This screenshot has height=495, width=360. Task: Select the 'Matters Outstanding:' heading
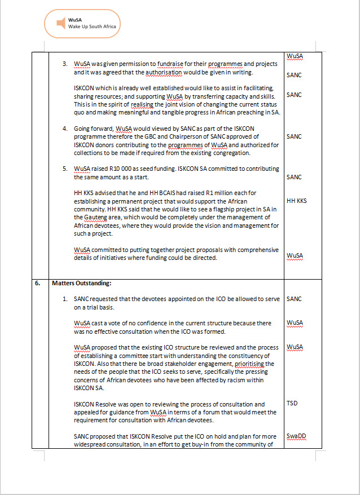pos(79,284)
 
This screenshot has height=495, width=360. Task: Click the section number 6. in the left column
pos(37,284)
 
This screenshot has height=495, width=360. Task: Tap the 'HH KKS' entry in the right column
pos(297,201)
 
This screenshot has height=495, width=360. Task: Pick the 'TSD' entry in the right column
pos(292,403)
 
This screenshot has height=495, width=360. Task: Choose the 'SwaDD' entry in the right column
pos(296,436)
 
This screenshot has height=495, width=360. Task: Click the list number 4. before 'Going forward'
pos(65,129)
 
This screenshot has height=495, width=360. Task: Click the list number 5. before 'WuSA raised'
pos(65,169)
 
